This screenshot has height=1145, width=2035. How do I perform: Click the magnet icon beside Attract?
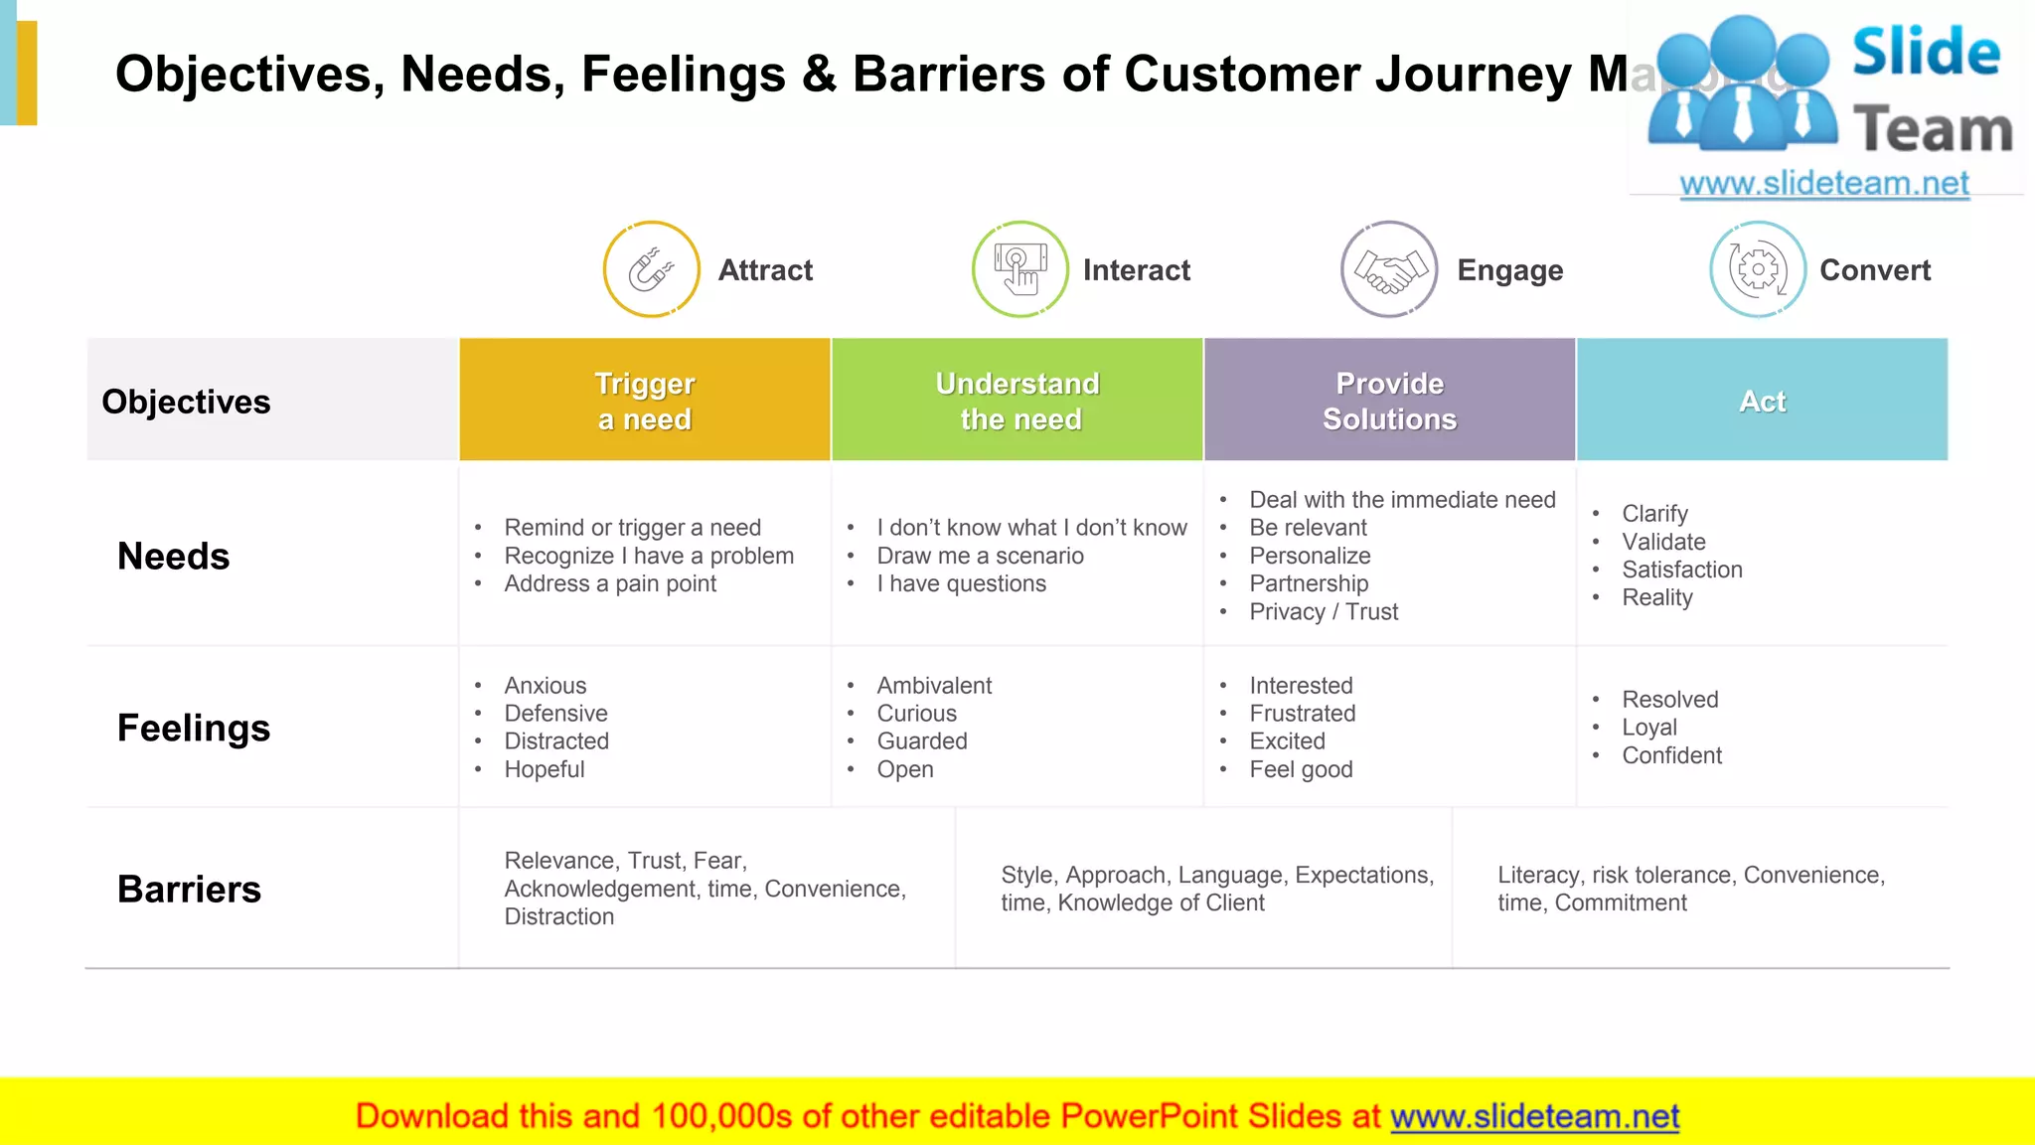(651, 269)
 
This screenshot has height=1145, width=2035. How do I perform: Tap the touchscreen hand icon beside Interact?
(1019, 269)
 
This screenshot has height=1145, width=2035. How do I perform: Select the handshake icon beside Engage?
(1389, 269)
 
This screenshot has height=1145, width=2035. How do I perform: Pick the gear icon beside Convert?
(1757, 269)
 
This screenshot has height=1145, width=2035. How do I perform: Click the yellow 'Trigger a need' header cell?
(645, 401)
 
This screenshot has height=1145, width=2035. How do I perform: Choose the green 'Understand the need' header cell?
(1017, 401)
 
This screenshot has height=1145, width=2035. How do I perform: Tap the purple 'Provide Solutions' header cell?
(1389, 401)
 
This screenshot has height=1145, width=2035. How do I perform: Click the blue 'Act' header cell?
(1762, 401)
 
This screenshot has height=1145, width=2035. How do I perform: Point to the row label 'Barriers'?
(189, 889)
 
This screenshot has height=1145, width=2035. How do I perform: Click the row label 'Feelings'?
(194, 728)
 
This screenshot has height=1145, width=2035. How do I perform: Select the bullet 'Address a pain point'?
(610, 584)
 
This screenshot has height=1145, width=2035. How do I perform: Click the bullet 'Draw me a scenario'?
(980, 557)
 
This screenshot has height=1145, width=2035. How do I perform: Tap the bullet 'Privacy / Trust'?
(1324, 612)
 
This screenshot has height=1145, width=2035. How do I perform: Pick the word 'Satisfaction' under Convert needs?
(1682, 571)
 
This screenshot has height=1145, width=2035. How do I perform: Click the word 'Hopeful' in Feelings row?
(545, 770)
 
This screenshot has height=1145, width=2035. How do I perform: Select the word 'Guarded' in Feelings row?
(922, 742)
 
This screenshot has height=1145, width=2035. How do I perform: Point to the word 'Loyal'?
(1649, 728)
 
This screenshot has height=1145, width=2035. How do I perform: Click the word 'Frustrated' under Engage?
(1302, 714)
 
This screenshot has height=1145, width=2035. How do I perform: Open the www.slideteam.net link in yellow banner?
(1534, 1117)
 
